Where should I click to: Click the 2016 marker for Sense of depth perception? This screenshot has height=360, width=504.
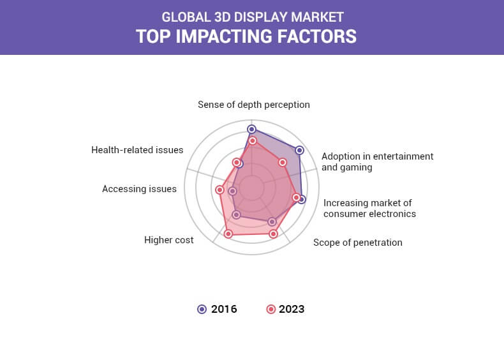tap(251, 130)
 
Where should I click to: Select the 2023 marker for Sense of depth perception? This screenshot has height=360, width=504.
tap(253, 140)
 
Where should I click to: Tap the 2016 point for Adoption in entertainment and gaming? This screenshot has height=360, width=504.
tap(299, 150)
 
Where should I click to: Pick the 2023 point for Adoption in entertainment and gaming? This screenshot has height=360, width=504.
tap(283, 163)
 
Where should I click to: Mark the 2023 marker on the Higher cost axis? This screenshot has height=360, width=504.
tap(228, 234)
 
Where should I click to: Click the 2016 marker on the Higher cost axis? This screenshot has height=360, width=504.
tap(236, 214)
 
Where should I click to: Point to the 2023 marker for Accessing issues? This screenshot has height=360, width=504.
tap(219, 190)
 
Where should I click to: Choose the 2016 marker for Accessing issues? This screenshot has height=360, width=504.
tap(232, 191)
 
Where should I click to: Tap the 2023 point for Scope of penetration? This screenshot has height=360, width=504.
tap(273, 234)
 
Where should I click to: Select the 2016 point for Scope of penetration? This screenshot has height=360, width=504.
tap(272, 221)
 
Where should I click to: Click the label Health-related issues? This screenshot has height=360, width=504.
tap(137, 150)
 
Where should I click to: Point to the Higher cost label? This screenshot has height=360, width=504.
tap(169, 240)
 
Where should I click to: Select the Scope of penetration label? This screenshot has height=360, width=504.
tap(358, 243)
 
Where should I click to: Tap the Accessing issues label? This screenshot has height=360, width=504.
tap(139, 189)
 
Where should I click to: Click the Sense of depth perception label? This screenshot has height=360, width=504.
tap(254, 105)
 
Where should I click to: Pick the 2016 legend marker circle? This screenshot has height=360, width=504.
tap(202, 309)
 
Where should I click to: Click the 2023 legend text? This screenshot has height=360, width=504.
tap(292, 309)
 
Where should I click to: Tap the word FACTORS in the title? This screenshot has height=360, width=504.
tap(316, 36)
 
